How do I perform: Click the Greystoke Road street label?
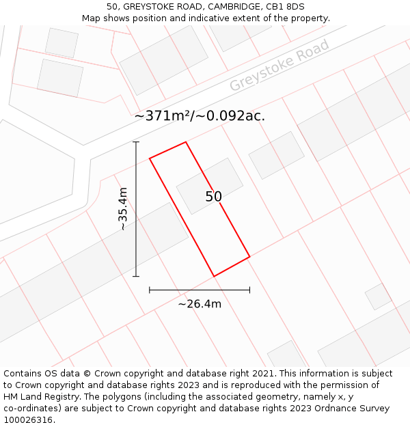click(279, 65)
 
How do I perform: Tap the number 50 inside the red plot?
click(213, 197)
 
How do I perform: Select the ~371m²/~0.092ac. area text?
click(200, 116)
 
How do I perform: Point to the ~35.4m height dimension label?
click(123, 209)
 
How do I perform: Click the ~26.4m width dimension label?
click(200, 304)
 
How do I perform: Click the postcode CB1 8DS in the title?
click(285, 7)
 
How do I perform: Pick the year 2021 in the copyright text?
click(264, 374)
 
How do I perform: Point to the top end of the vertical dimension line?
click(136, 142)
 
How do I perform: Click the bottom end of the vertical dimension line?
click(136, 276)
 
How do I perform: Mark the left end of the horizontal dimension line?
click(150, 290)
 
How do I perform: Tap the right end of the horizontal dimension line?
click(249, 290)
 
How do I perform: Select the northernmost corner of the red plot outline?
click(186, 142)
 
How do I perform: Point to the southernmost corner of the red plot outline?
click(214, 277)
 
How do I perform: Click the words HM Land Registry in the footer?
click(36, 397)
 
